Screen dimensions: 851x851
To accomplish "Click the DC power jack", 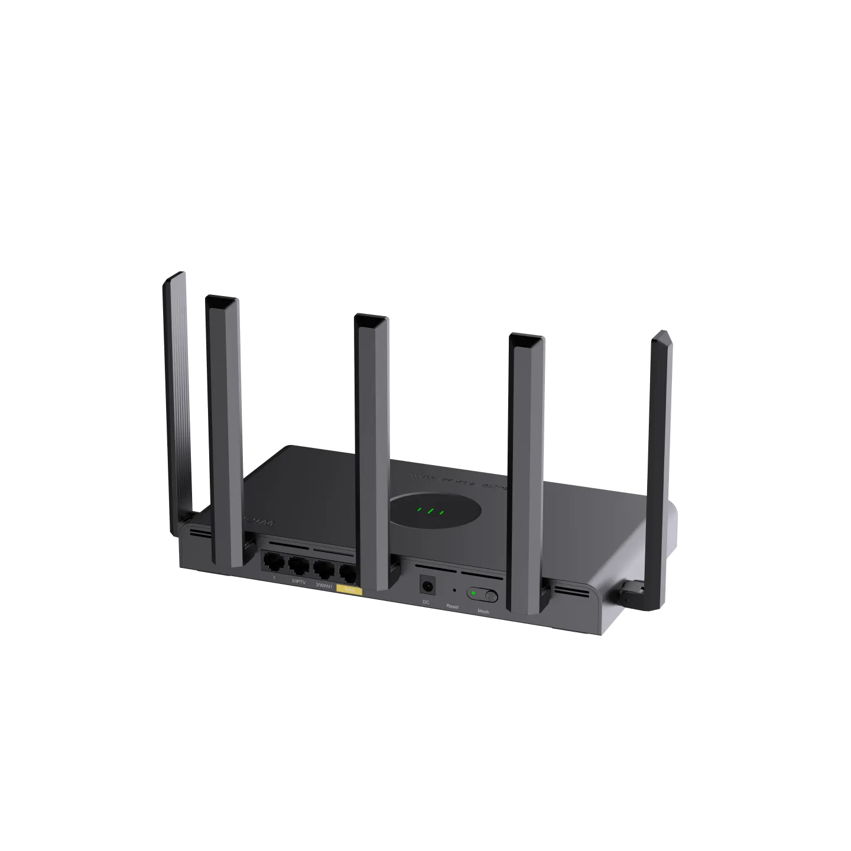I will [x=426, y=585].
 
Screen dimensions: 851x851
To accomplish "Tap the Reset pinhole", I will [x=453, y=590].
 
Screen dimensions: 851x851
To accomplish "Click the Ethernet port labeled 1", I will [x=272, y=562].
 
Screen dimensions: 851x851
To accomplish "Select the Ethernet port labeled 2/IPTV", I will [x=297, y=566].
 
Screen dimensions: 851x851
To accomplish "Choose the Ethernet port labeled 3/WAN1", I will [x=323, y=570].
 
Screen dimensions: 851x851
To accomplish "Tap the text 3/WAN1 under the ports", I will [x=324, y=585].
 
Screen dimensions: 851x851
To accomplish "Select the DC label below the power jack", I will [x=425, y=602].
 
